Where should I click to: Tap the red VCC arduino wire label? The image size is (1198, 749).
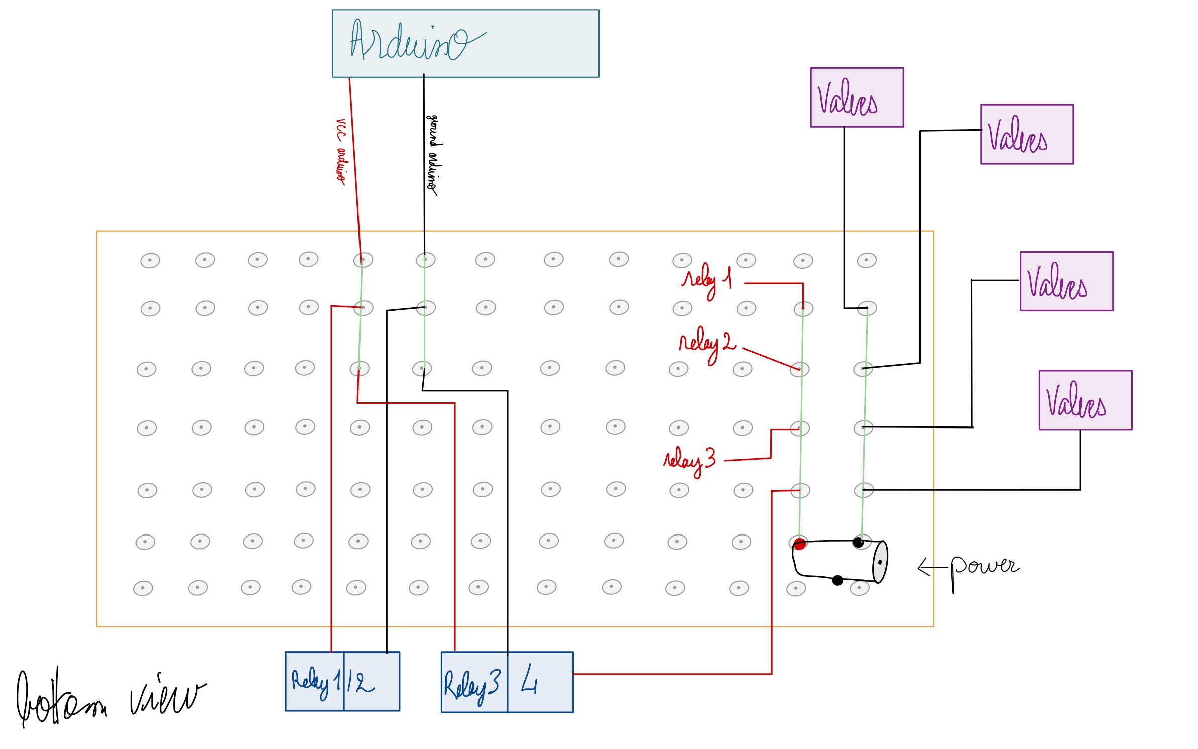pyautogui.click(x=341, y=151)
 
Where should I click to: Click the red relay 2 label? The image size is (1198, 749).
pyautogui.click(x=706, y=343)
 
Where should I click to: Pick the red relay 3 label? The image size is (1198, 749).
pyautogui.click(x=689, y=460)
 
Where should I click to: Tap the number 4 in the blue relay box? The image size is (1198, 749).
pyautogui.click(x=529, y=680)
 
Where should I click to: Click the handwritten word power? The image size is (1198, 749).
pyautogui.click(x=984, y=568)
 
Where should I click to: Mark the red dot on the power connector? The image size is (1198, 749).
pyautogui.click(x=800, y=544)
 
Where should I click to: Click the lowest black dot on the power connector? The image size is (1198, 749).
pyautogui.click(x=837, y=581)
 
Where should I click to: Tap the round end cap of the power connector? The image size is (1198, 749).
pyautogui.click(x=880, y=562)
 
